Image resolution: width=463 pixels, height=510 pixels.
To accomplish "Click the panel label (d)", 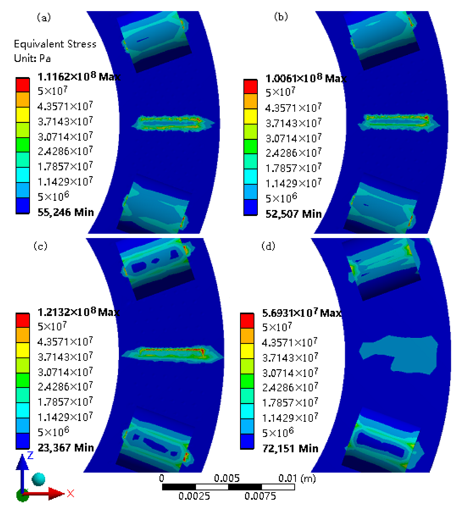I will click(268, 246).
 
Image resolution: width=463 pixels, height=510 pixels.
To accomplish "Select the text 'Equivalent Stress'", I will click(55, 44).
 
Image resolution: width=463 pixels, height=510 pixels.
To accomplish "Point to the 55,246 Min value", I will click(65, 212).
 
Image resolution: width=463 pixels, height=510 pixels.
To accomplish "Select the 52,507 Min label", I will click(293, 214).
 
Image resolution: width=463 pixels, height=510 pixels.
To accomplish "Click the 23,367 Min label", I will click(65, 448).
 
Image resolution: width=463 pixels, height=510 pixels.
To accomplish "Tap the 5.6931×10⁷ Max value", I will click(302, 313).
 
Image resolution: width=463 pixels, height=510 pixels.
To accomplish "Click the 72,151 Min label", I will click(290, 448).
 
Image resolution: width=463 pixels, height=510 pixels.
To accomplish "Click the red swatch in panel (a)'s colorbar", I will click(23, 85).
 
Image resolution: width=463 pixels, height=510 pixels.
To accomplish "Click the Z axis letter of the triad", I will click(30, 455).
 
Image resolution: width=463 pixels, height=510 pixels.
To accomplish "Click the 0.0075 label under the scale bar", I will click(260, 496).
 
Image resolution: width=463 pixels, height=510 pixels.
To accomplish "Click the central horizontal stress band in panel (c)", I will click(172, 353).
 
